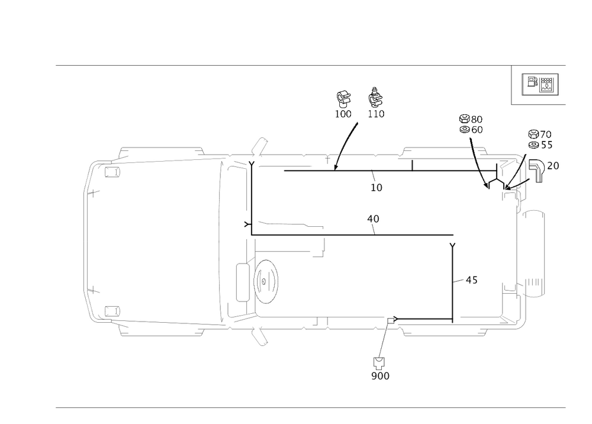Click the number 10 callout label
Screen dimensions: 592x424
pos(377,188)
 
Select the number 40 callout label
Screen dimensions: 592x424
pos(373,220)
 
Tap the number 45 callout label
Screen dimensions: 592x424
pos(471,280)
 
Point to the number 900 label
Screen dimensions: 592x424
pos(380,376)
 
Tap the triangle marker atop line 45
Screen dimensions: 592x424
pos(453,244)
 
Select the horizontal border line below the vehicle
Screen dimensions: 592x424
pos(310,407)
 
